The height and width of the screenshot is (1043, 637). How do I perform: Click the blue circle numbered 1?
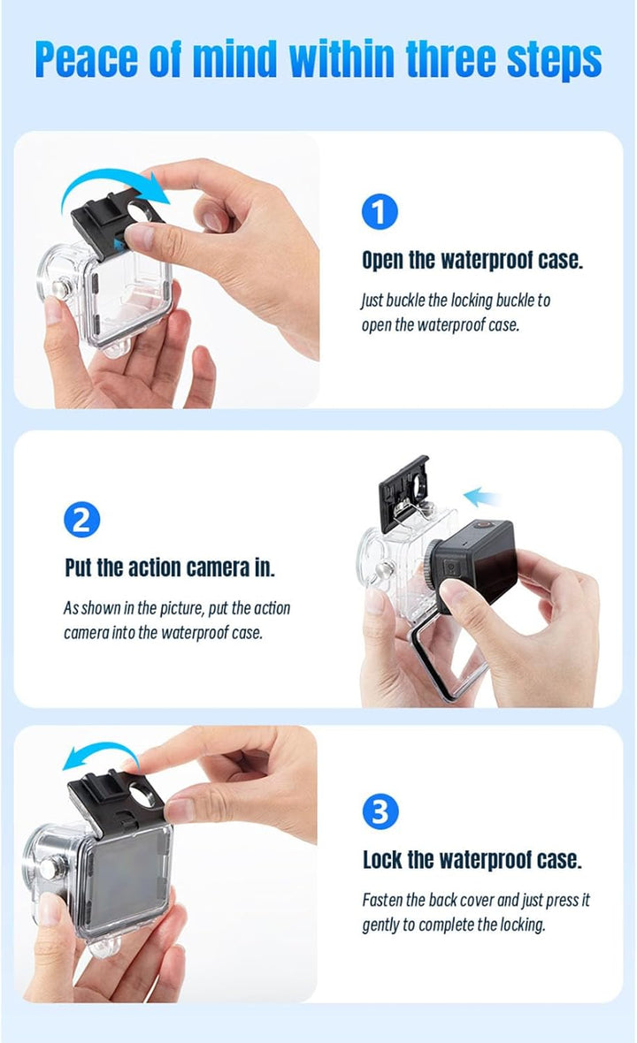tap(380, 212)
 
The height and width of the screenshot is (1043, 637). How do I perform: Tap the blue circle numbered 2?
tap(82, 520)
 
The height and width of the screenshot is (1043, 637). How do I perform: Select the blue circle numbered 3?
tap(380, 811)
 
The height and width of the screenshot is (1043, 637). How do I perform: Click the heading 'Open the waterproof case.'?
tap(472, 260)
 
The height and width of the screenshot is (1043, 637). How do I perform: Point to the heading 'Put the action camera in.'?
tap(170, 567)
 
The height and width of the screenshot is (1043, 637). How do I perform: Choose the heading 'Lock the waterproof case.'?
tap(472, 859)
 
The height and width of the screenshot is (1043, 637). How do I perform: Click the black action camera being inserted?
tap(478, 557)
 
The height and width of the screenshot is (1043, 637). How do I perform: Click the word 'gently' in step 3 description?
tap(387, 925)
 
